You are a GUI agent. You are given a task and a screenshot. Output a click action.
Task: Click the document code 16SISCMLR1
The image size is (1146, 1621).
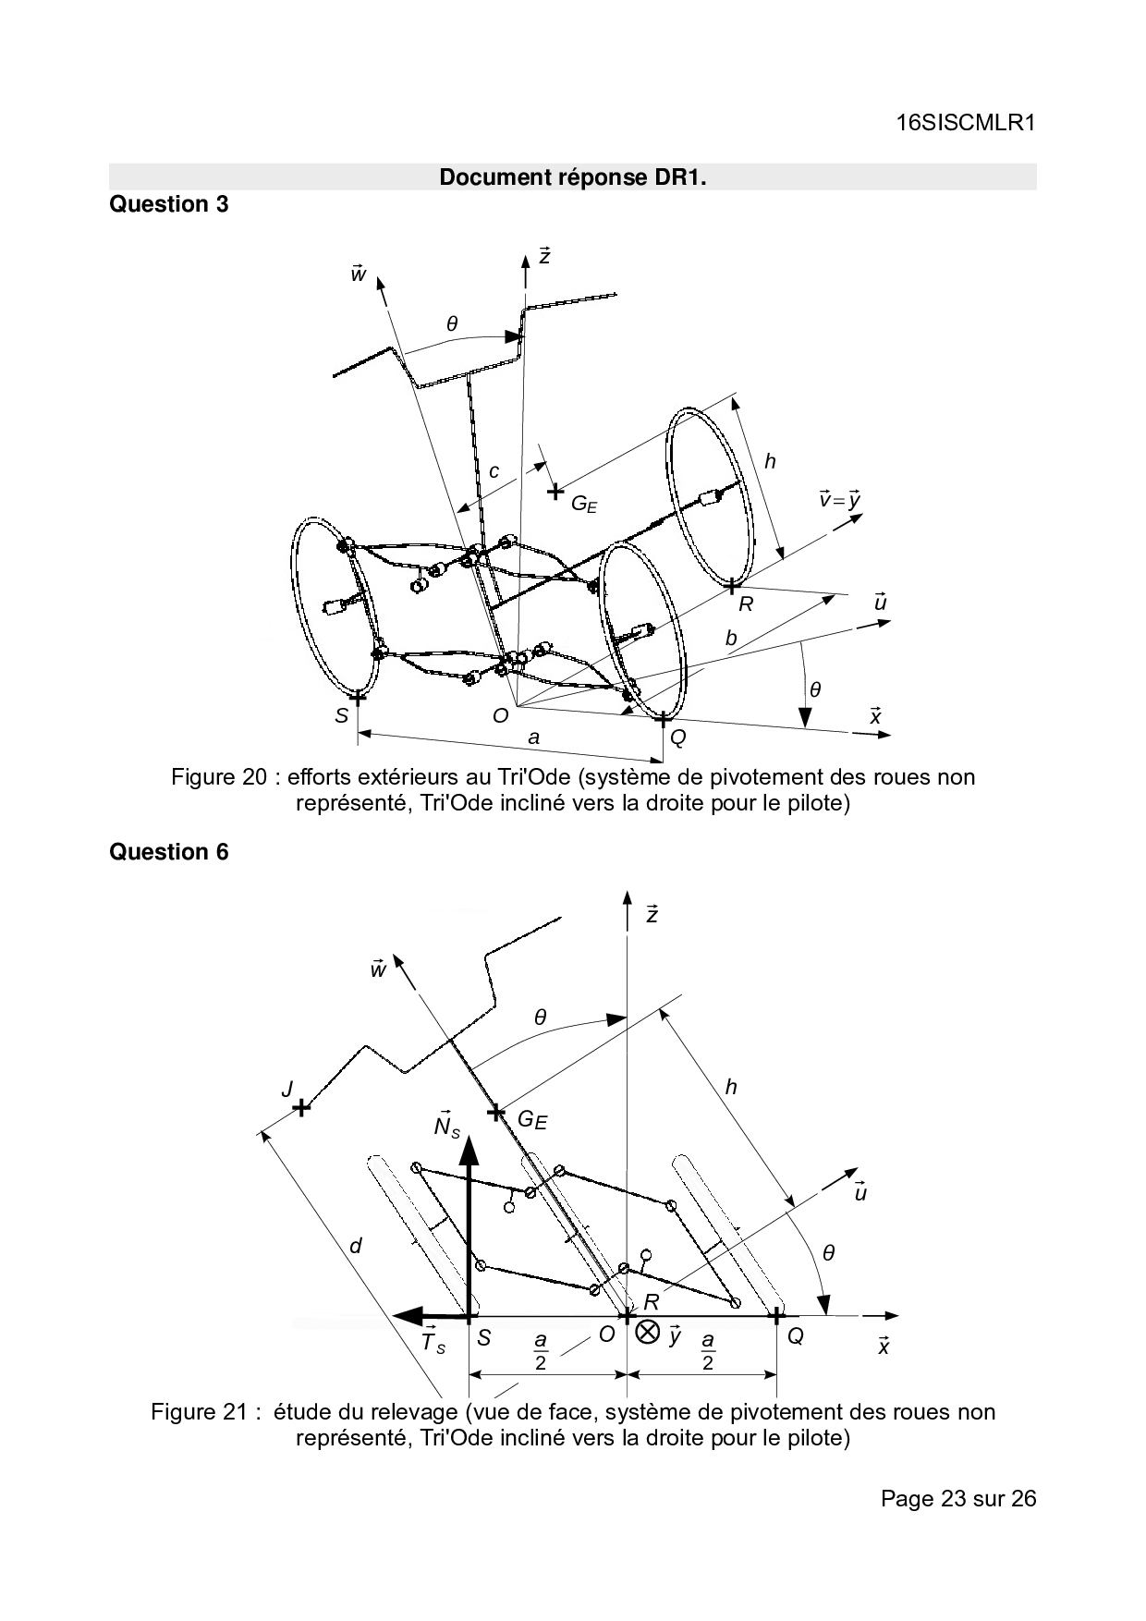966,123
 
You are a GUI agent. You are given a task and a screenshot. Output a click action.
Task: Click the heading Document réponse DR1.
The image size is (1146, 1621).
572,177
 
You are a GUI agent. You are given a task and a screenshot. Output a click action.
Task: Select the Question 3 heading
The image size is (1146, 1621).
168,204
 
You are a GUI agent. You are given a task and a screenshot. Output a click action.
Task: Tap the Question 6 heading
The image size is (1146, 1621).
168,852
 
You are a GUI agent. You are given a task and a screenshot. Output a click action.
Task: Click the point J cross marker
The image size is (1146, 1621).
300,1107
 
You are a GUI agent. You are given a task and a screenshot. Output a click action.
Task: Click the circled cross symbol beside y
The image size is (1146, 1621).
648,1333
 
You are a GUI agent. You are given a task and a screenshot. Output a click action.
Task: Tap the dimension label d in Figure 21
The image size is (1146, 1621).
356,1246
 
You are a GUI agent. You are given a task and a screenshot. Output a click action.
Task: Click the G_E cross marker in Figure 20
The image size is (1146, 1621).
555,492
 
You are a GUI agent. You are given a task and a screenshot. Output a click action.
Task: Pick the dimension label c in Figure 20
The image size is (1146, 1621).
494,471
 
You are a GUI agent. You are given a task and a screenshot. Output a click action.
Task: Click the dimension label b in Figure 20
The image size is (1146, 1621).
731,638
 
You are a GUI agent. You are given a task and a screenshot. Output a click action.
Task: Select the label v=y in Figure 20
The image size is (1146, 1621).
839,499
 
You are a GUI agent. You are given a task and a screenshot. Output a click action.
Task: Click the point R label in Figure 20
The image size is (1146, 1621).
746,604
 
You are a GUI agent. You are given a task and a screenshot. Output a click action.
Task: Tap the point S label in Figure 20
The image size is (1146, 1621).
342,715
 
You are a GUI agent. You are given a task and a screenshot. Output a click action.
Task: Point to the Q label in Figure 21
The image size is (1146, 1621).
795,1336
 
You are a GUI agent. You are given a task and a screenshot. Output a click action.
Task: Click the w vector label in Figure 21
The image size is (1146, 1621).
377,969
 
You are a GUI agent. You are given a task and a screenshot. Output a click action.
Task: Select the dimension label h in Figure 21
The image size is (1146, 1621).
731,1087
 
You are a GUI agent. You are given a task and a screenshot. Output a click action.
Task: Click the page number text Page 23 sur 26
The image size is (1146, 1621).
958,1498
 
